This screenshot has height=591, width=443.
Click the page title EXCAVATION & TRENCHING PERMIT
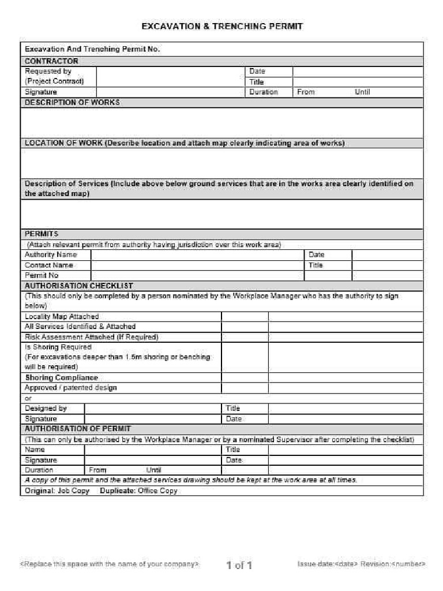(222, 27)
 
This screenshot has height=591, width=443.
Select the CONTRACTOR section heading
(51, 61)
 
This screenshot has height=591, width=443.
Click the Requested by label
(48, 72)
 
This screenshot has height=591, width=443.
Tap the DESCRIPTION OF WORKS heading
(72, 103)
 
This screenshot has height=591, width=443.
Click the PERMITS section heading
(41, 234)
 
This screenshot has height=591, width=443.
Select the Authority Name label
(50, 255)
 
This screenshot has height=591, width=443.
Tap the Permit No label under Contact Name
(42, 276)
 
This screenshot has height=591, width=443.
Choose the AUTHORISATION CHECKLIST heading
(78, 286)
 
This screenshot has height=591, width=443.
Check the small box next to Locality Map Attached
(245, 317)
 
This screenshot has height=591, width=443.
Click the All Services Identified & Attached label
(80, 327)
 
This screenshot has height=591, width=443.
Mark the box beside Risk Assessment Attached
(245, 337)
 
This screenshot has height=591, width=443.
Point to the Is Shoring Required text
(58, 347)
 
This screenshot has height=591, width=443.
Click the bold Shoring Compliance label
(61, 378)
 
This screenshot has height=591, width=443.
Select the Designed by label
(46, 409)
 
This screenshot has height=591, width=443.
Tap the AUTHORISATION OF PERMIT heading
(77, 429)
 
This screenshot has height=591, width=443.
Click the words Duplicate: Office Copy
(138, 491)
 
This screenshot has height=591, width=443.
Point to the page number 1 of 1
(239, 565)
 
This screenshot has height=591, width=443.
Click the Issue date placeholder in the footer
(327, 564)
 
